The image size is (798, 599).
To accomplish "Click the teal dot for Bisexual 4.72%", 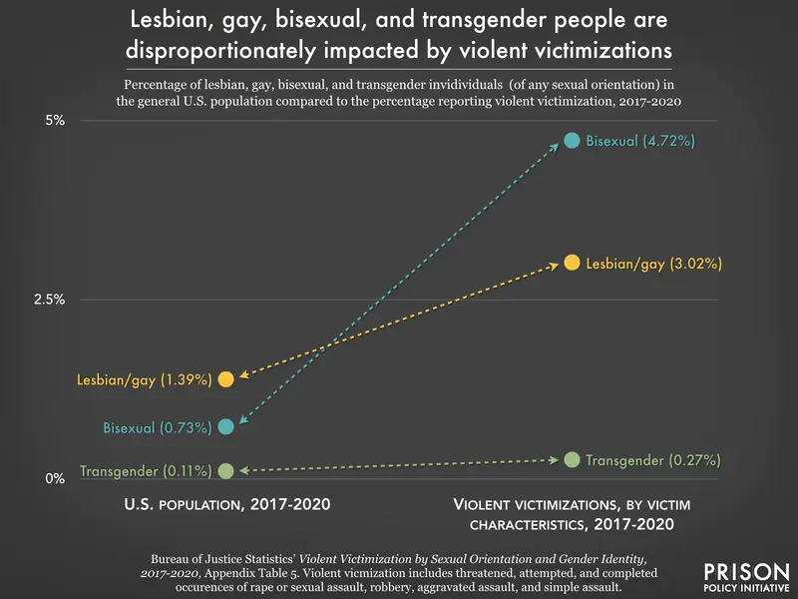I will (x=572, y=141).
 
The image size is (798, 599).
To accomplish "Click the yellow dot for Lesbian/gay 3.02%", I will (x=572, y=263).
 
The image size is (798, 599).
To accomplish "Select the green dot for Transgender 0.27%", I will (x=572, y=459).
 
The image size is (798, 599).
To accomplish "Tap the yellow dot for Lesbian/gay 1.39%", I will (x=226, y=379).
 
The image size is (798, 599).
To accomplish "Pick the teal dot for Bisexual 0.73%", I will (x=226, y=426).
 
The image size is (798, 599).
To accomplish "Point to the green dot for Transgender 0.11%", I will (x=226, y=470).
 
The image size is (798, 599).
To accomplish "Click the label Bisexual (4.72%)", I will (x=640, y=142).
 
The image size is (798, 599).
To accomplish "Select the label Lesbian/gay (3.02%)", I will (x=653, y=264).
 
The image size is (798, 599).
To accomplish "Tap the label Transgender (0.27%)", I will (x=652, y=460).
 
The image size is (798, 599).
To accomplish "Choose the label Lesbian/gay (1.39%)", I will (x=145, y=380).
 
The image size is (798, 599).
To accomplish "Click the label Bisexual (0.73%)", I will (x=158, y=427).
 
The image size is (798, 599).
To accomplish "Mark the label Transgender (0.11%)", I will (x=146, y=471).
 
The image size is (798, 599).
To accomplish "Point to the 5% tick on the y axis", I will (x=53, y=121).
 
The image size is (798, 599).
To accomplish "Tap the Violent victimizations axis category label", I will (x=571, y=514).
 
